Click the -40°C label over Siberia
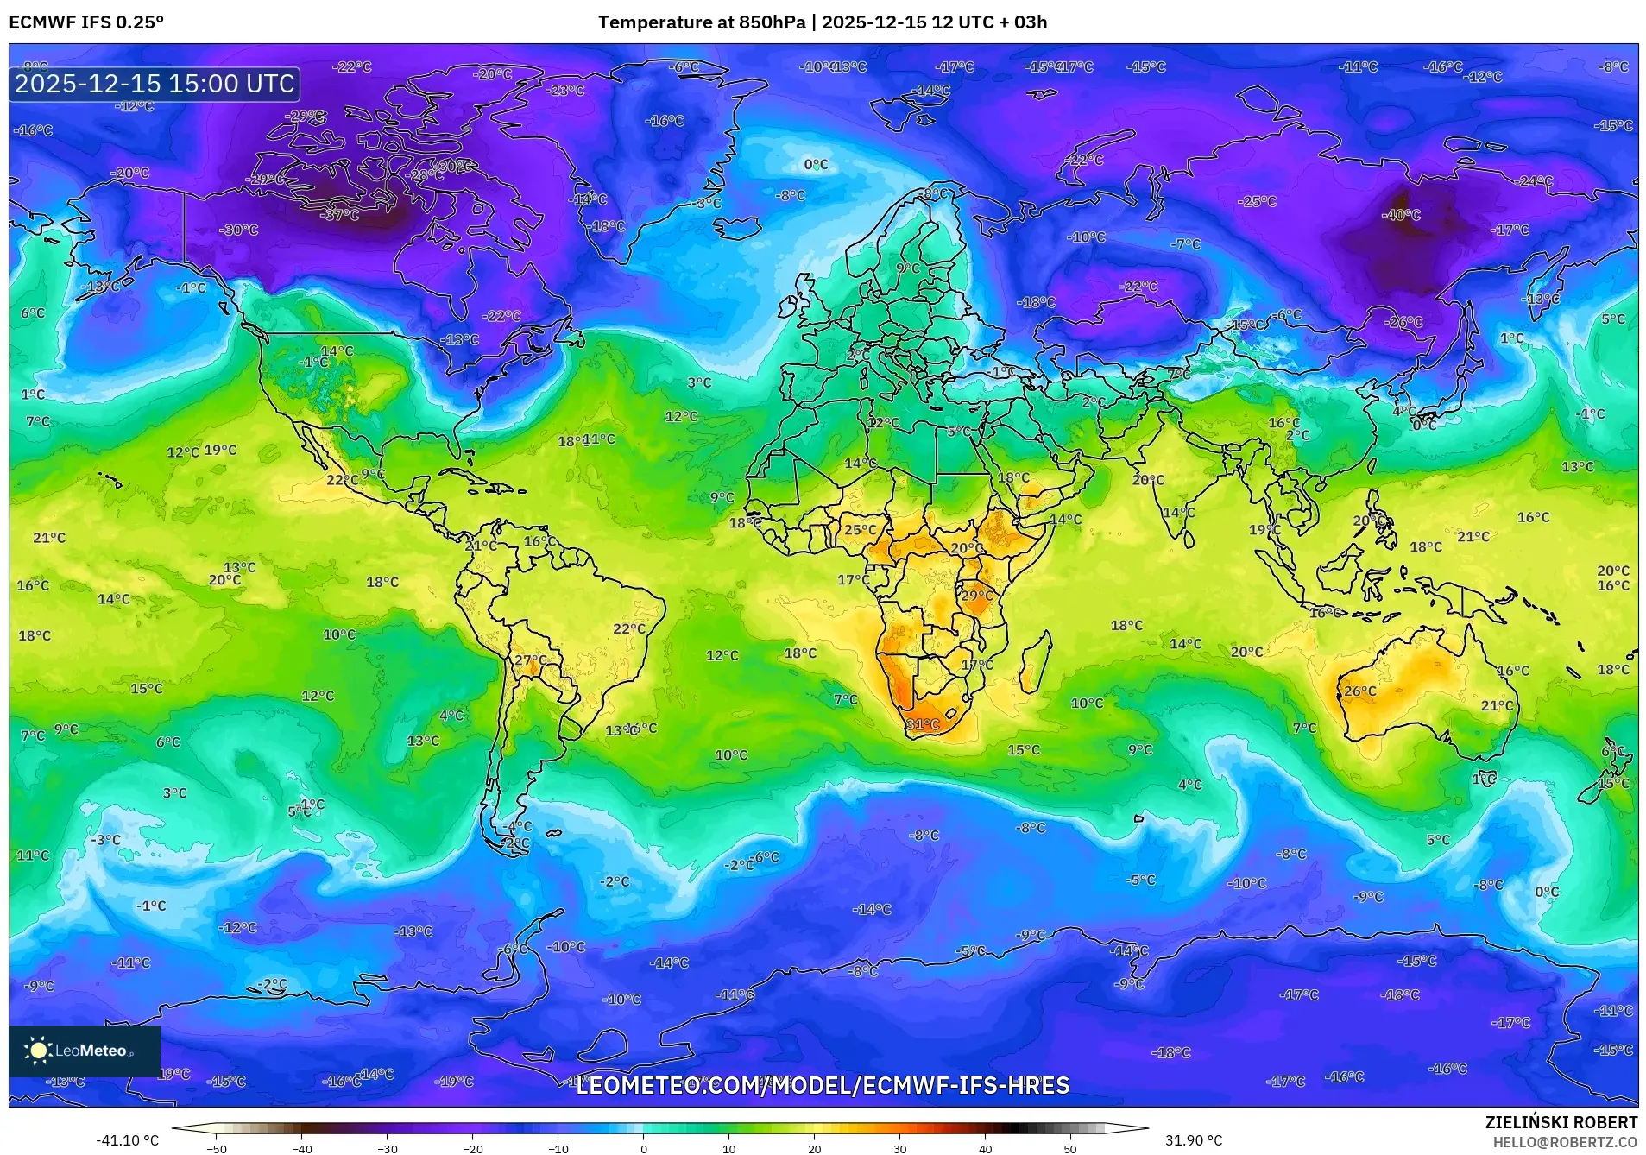pyautogui.click(x=1401, y=215)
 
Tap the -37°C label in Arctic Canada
pyautogui.click(x=340, y=215)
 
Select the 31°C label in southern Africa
pyautogui.click(x=922, y=724)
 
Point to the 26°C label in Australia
pyautogui.click(x=1359, y=691)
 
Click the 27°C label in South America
pyautogui.click(x=530, y=660)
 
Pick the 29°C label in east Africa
pyautogui.click(x=976, y=595)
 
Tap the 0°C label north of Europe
pyautogui.click(x=816, y=164)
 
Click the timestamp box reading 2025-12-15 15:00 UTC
pyautogui.click(x=155, y=84)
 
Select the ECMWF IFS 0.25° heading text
pyautogui.click(x=85, y=22)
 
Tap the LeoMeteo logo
pyautogui.click(x=84, y=1051)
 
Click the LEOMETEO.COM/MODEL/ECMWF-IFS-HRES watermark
pyautogui.click(x=822, y=1085)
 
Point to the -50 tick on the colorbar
pyautogui.click(x=217, y=1148)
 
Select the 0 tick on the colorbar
pyautogui.click(x=644, y=1148)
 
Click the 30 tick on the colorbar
pyautogui.click(x=900, y=1148)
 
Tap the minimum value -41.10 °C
pyautogui.click(x=127, y=1140)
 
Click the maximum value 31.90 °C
pyautogui.click(x=1194, y=1140)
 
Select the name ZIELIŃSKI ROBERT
pyautogui.click(x=1561, y=1123)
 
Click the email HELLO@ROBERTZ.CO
pyautogui.click(x=1565, y=1142)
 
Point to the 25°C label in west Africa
pyautogui.click(x=860, y=530)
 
